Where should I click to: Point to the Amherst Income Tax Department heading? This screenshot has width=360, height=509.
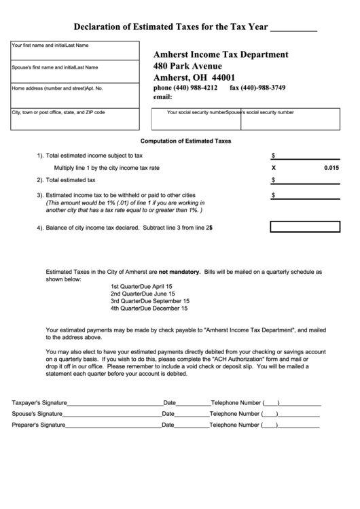point(221,54)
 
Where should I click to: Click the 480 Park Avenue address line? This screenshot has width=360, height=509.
point(188,66)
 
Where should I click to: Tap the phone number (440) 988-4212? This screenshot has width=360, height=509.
point(185,88)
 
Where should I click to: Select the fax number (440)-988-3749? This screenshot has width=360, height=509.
point(257,88)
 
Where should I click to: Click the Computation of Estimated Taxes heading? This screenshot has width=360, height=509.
point(185,141)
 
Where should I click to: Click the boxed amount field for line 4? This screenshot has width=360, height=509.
point(304,227)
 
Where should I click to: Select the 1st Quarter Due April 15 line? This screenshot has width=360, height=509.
point(141,286)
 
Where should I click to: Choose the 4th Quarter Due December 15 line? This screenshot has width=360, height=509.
point(149,309)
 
